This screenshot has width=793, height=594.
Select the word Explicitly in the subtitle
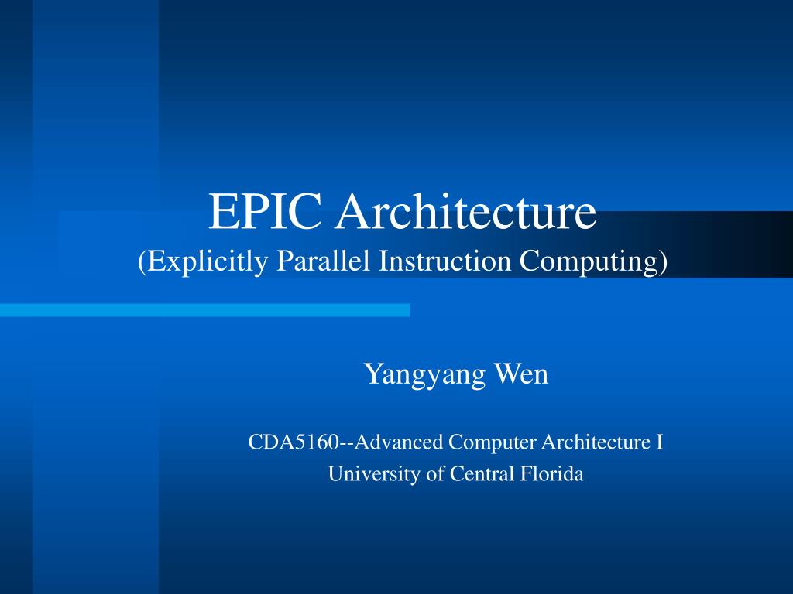pos(203,261)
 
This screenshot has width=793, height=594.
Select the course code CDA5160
pos(293,442)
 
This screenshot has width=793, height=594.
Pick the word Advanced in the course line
pos(402,442)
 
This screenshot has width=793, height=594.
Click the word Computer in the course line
pos(493,442)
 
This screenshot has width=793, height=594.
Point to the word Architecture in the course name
pos(596,442)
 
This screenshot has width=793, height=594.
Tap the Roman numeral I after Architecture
pos(660,442)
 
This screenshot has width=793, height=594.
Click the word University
pos(372,473)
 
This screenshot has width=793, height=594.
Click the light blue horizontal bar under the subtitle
pos(204,310)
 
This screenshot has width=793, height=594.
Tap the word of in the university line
pos(434,473)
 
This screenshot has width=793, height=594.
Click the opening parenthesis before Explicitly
pos(142,261)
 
